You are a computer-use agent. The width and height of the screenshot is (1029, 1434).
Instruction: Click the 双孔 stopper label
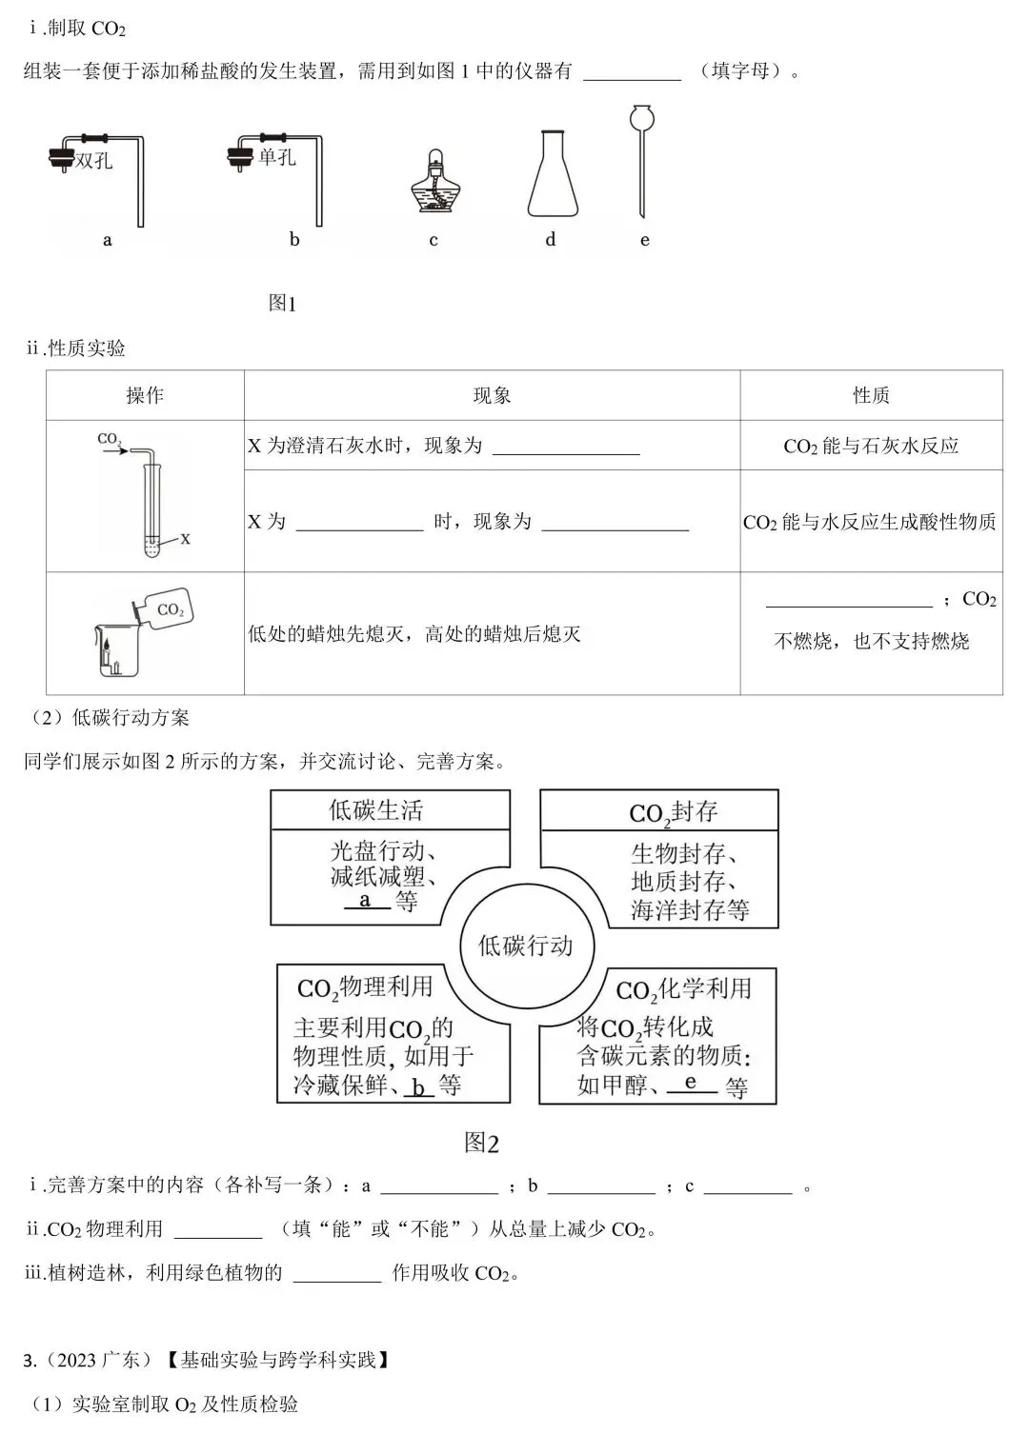[93, 161]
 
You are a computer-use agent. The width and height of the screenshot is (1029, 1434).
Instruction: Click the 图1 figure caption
[282, 304]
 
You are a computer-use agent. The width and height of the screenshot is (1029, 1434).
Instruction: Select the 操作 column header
[145, 395]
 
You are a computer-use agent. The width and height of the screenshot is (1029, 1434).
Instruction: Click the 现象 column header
[492, 395]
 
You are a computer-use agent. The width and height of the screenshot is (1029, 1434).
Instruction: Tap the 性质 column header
[871, 395]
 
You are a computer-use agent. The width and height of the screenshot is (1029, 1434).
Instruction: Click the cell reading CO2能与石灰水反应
[871, 446]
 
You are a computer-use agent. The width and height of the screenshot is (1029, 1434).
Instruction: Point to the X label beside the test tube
[185, 539]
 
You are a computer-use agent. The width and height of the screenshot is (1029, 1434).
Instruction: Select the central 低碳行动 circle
[525, 946]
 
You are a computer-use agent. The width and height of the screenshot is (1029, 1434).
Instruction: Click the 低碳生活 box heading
[375, 810]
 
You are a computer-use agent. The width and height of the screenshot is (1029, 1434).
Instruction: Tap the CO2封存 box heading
[673, 812]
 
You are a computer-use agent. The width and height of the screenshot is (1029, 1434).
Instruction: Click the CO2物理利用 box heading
[365, 987]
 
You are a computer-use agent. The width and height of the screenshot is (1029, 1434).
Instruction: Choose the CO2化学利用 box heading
[683, 990]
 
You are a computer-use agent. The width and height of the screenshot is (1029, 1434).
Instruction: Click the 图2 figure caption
[481, 1143]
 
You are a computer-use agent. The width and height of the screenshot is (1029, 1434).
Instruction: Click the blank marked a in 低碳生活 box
[366, 901]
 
